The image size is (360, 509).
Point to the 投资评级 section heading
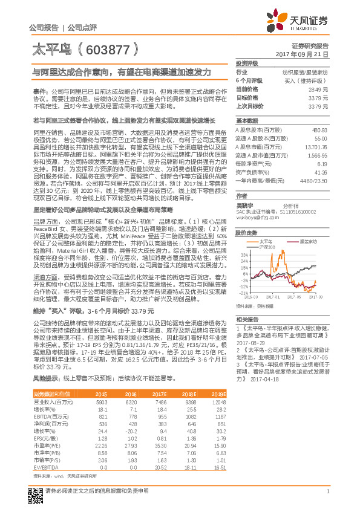(x=247, y=63)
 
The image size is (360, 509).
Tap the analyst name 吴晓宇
(x=244, y=206)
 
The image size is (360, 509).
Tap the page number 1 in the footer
(x=327, y=491)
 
